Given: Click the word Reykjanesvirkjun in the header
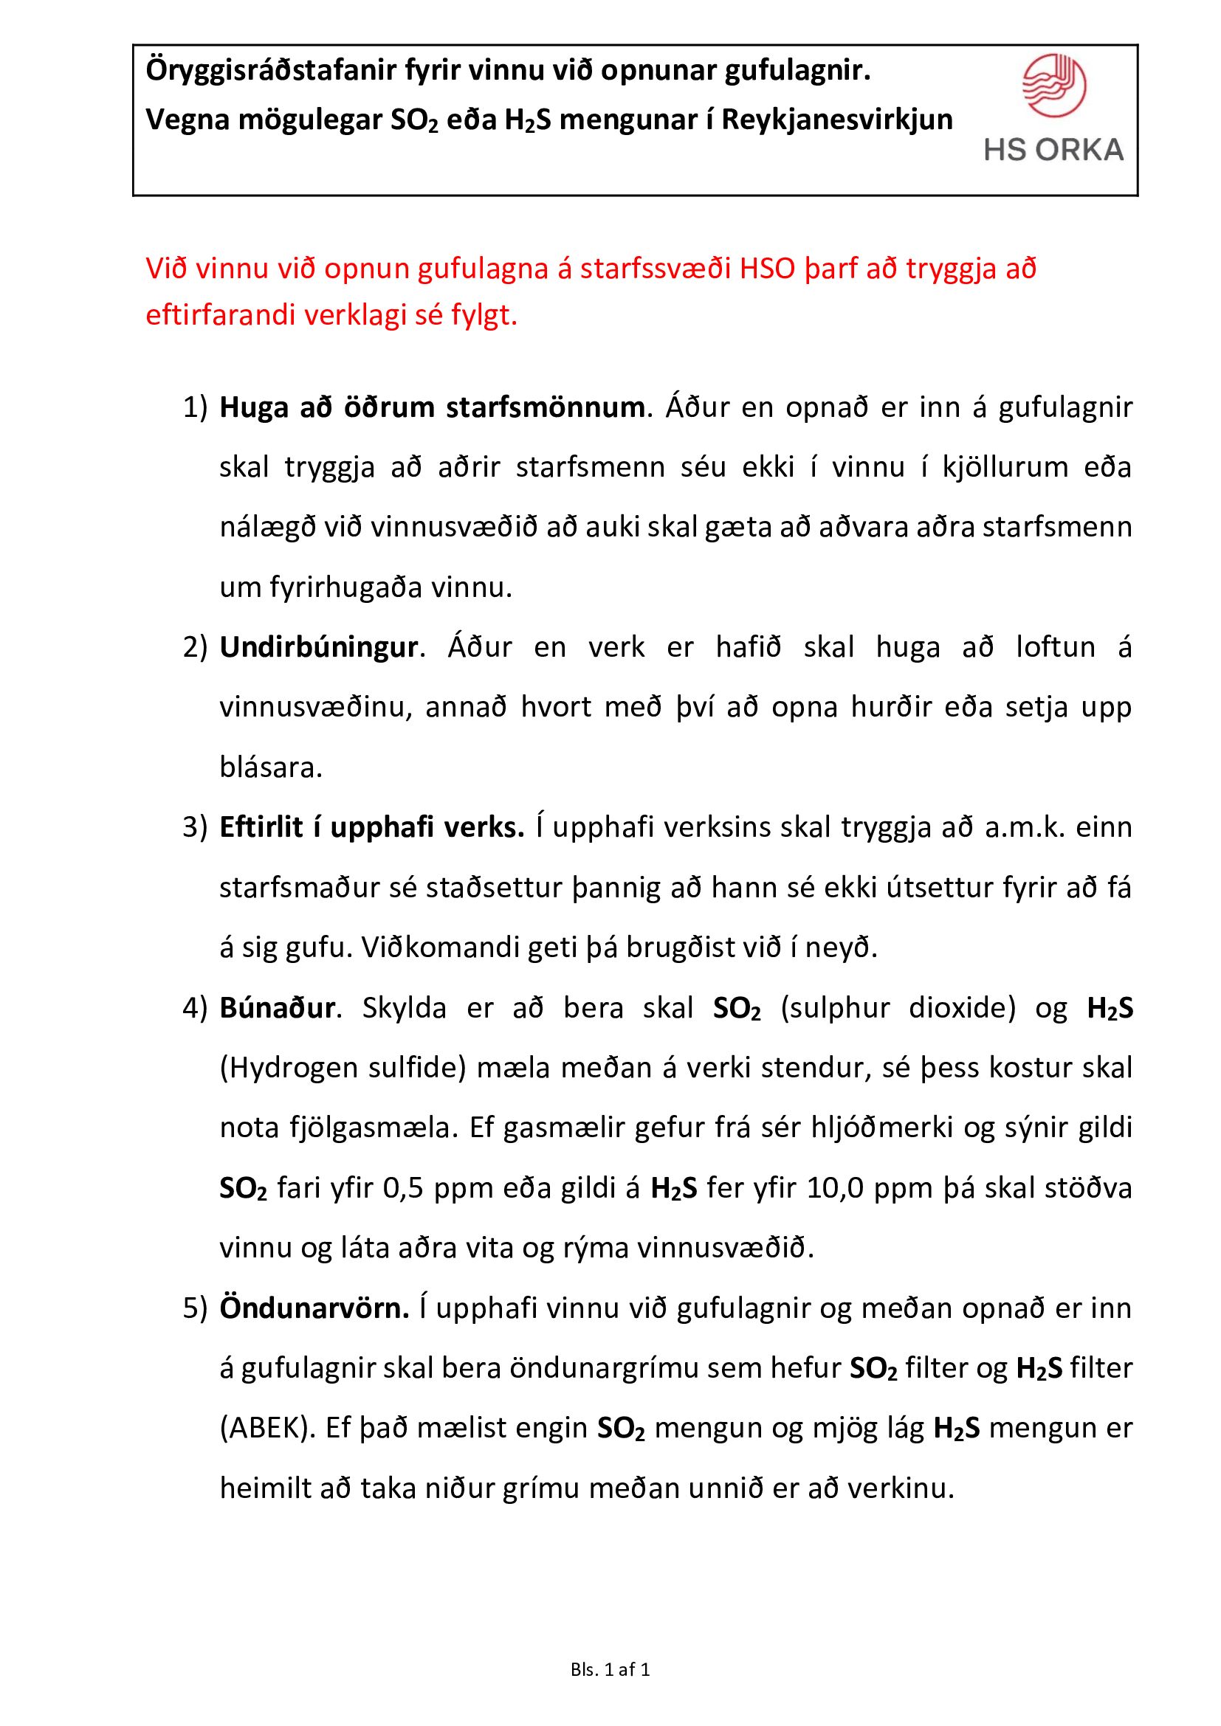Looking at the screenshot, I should pos(837,120).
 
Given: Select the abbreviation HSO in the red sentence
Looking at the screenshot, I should pos(767,269).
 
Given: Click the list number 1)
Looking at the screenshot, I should pos(195,408).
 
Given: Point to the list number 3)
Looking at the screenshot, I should pos(195,828).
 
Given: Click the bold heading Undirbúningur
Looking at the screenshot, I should pos(318,647).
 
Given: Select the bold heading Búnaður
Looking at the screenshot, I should pos(277,1008).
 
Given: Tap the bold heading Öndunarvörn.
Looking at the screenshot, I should pos(314,1309).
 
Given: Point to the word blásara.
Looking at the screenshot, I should pos(271,768).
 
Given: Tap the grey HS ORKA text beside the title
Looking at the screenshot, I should pos(1053,150).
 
